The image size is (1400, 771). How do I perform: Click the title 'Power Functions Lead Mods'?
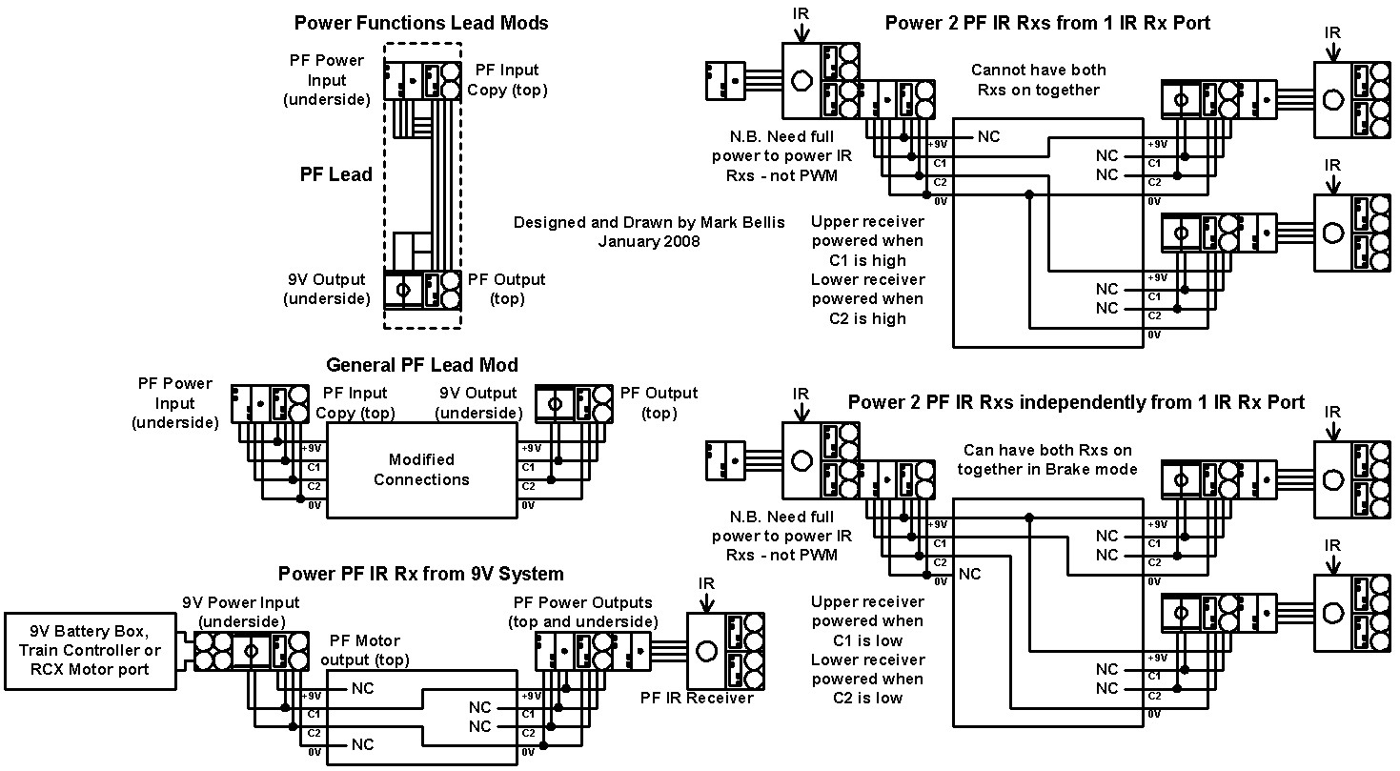click(420, 23)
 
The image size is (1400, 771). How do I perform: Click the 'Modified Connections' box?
click(422, 471)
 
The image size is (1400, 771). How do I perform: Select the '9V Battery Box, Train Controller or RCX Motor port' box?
click(90, 651)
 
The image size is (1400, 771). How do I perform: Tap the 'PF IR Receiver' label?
click(697, 698)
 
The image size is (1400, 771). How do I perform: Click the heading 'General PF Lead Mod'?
click(422, 365)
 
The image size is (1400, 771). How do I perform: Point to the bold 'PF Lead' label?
click(335, 174)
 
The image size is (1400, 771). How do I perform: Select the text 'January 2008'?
click(649, 242)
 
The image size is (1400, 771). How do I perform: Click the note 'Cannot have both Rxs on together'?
click(1038, 80)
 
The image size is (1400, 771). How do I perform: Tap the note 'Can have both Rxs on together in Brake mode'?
click(1046, 460)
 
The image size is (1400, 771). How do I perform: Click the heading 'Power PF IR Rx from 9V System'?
click(420, 574)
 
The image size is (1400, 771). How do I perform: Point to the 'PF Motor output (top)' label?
click(365, 650)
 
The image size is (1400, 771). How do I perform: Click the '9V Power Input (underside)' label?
click(241, 612)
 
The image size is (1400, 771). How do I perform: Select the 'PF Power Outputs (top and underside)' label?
click(583, 612)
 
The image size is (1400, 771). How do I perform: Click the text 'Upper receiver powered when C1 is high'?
click(867, 241)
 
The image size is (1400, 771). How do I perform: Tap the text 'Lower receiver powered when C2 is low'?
click(867, 679)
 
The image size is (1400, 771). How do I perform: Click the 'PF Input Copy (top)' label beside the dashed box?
click(507, 80)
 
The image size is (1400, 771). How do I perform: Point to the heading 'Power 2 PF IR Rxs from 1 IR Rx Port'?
click(1047, 23)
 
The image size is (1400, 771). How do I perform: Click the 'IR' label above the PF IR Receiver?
click(706, 583)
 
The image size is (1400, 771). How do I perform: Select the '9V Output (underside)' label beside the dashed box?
click(327, 290)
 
